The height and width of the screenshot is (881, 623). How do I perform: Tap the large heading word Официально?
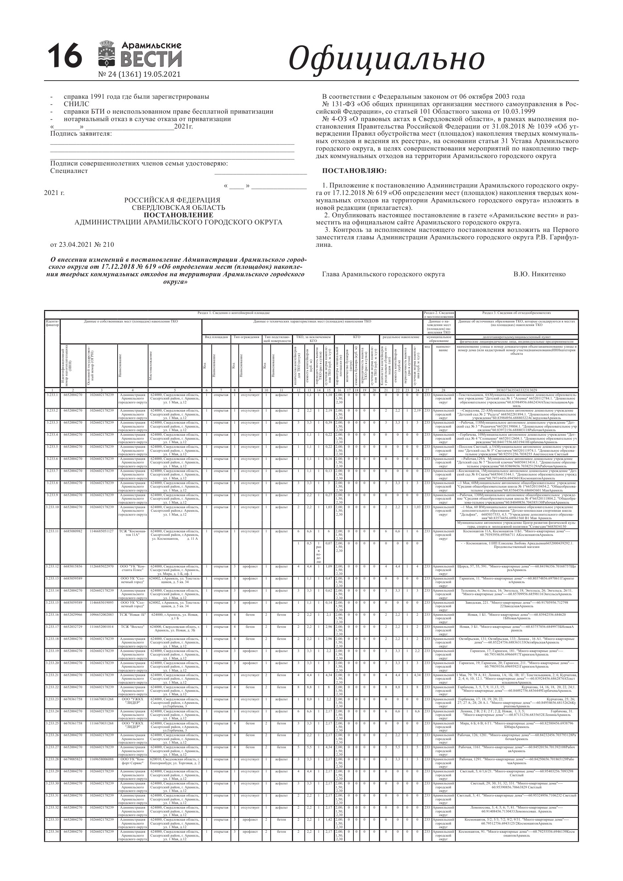(x=386, y=58)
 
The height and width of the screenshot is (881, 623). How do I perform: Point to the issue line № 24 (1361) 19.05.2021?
(x=139, y=75)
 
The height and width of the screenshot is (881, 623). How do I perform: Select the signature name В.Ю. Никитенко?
(x=539, y=274)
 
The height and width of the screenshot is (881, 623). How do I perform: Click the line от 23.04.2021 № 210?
(x=82, y=245)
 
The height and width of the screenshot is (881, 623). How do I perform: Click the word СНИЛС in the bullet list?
(x=76, y=104)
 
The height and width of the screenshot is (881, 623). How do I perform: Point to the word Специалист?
(x=69, y=171)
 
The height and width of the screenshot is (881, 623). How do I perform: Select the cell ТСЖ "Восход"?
(x=132, y=627)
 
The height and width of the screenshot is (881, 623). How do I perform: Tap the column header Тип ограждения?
(x=247, y=337)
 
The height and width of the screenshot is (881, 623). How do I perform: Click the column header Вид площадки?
(x=217, y=337)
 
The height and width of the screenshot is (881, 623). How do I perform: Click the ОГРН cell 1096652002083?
(x=102, y=614)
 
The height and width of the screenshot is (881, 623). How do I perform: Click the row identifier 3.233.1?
(x=52, y=395)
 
